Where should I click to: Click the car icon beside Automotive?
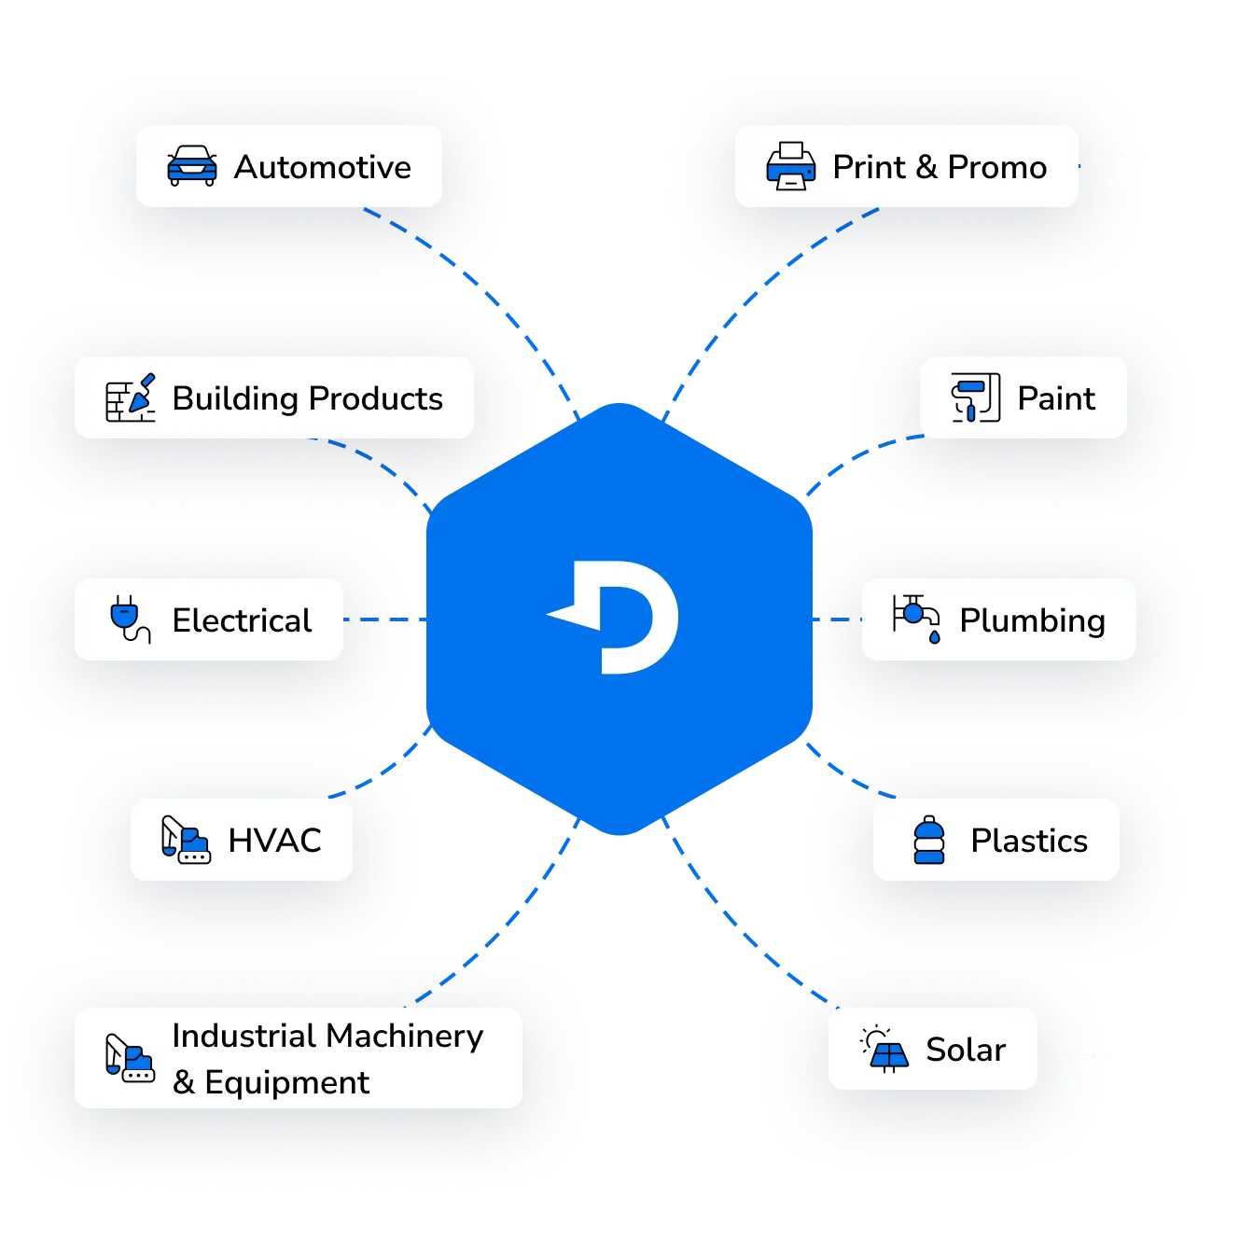(192, 166)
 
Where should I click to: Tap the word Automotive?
(322, 167)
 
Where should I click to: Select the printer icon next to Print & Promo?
(790, 166)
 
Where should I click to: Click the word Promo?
(996, 167)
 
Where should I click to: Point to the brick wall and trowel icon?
(130, 397)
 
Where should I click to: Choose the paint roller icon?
(975, 397)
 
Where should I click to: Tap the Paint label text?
(1055, 398)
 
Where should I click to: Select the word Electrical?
(242, 620)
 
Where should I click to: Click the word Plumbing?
(1032, 620)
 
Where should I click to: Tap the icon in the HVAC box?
(185, 840)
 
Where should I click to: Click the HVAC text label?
(274, 841)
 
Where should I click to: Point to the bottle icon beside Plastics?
(928, 840)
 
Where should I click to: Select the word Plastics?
(1028, 841)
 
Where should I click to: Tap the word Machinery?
(405, 1036)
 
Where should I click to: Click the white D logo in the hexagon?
(616, 618)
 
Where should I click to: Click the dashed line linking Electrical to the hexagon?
(383, 619)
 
